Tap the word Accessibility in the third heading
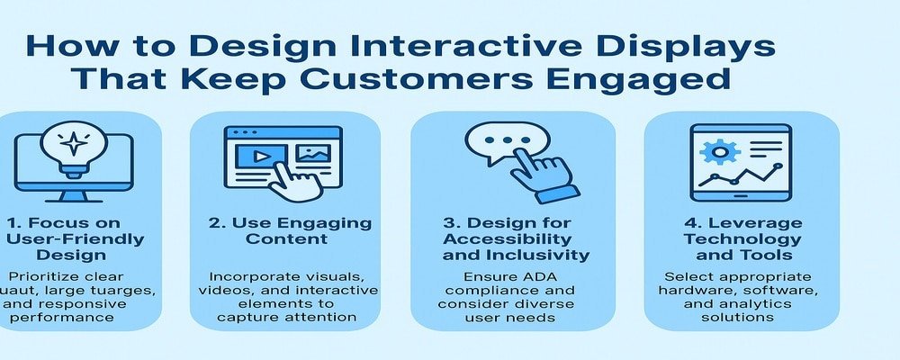pos(512,239)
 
